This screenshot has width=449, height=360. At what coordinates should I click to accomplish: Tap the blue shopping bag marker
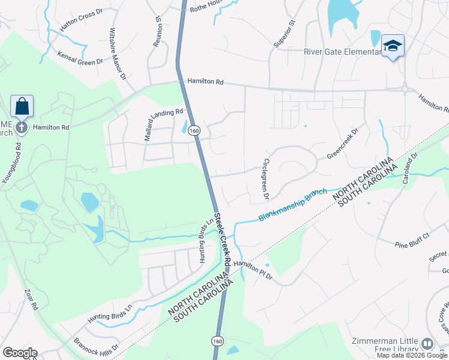(x=22, y=107)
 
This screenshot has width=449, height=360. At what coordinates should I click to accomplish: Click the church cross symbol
(x=22, y=127)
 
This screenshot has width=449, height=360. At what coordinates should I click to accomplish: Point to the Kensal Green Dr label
(x=80, y=58)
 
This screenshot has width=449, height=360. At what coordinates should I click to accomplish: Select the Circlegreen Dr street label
(x=264, y=179)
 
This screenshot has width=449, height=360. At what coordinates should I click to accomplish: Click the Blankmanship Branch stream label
(x=293, y=205)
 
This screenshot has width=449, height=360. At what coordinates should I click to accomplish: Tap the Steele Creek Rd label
(x=222, y=239)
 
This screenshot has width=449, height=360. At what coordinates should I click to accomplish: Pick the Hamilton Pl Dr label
(x=253, y=271)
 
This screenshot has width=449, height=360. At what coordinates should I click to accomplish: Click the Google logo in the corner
(x=20, y=353)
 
